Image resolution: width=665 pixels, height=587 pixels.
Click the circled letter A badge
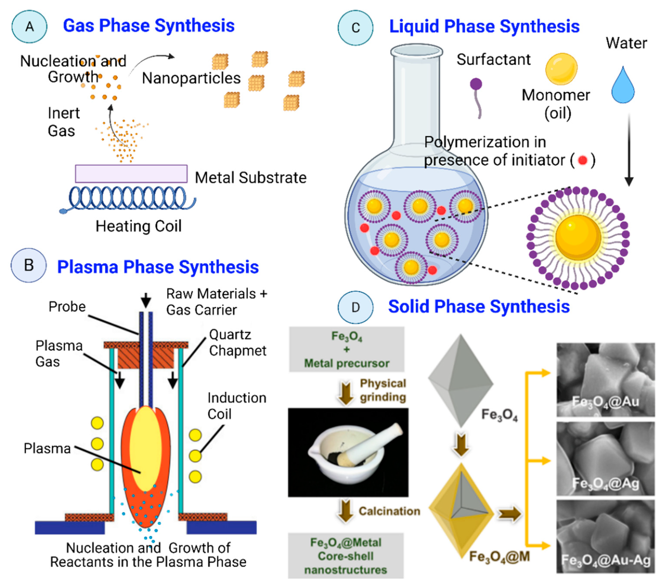29,27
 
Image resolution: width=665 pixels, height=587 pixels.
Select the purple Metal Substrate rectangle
131,174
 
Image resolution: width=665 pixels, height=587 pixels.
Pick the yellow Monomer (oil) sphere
561,69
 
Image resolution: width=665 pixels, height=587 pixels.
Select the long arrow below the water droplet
629,150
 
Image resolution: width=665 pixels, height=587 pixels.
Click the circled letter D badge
355,307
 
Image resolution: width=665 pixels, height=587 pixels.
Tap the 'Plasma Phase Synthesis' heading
158,267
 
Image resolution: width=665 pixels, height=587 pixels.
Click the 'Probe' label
67,307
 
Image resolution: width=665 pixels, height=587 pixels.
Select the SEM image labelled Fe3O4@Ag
605,459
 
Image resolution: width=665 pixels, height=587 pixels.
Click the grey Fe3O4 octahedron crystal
460,379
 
